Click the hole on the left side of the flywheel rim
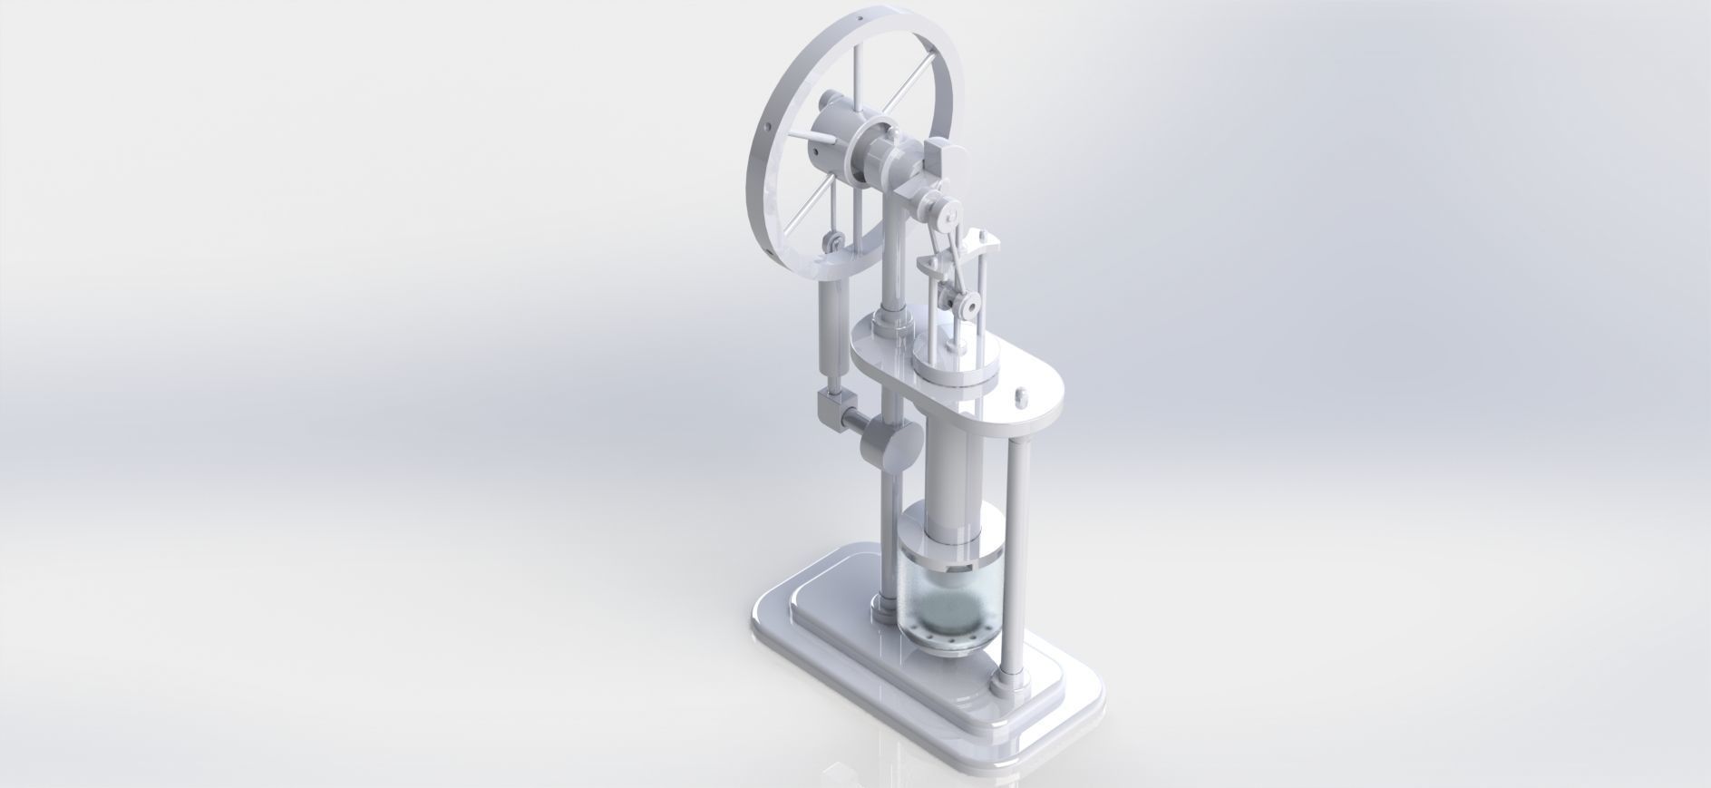(x=136, y=128)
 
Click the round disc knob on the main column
(x=246, y=443)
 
